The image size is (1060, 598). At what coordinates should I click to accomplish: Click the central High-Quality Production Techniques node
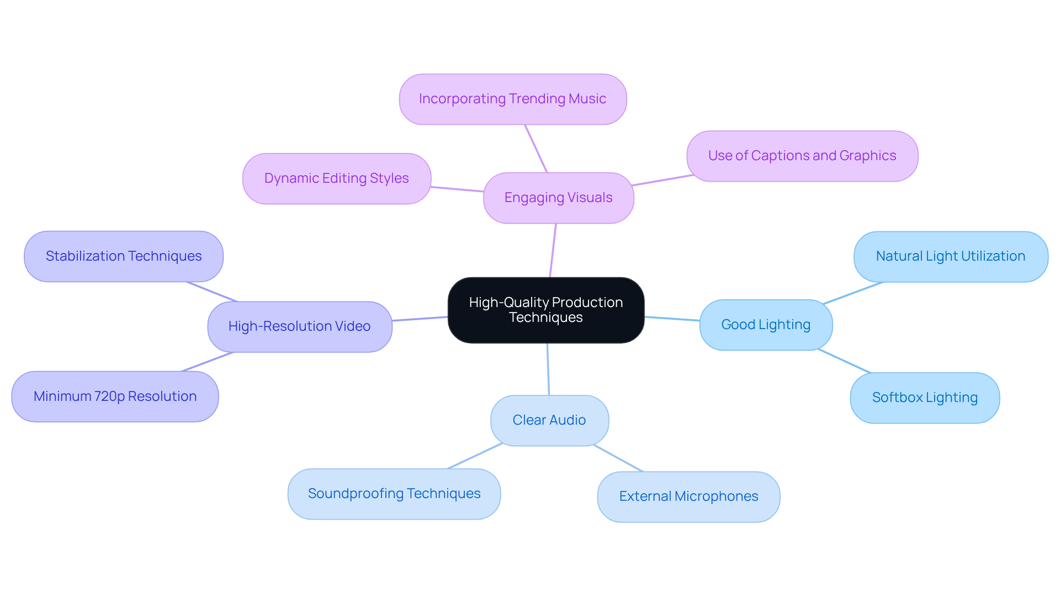545,310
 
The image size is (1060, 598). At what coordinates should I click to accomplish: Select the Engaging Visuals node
558,198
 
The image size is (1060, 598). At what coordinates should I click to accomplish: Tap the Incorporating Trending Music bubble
512,99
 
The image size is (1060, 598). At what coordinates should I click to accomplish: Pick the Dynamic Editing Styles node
336,178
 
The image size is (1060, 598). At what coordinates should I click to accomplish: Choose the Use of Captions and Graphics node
802,156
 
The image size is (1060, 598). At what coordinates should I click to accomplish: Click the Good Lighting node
766,325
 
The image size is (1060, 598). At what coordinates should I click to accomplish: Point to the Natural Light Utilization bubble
950,256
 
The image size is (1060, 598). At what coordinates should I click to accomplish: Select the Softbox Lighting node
925,398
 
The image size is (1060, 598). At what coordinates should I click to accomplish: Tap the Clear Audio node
549,420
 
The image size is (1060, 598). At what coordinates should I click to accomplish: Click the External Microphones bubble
688,496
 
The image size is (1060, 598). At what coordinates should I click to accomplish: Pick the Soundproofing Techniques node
394,494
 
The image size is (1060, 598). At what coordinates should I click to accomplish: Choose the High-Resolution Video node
299,326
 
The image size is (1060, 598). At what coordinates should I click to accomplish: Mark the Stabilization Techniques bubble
124,256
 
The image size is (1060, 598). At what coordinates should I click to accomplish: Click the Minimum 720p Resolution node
115,396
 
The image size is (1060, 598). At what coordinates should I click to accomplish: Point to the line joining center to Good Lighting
672,319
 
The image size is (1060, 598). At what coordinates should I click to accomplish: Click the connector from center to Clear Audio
548,369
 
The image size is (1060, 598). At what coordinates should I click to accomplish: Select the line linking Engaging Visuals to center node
553,250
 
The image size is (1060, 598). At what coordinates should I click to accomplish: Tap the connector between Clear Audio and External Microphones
618,458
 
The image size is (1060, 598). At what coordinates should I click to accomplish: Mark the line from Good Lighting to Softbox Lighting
844,361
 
